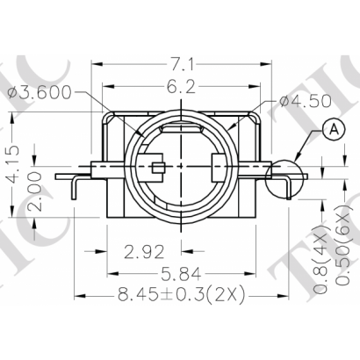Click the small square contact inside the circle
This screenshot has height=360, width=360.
156,168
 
